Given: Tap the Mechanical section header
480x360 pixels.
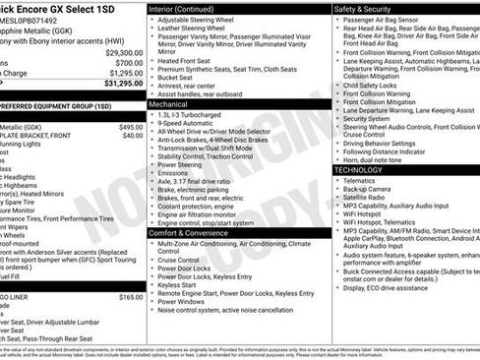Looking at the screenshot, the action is pyautogui.click(x=175, y=103).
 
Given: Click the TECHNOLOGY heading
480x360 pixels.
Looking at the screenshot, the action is pyautogui.click(x=358, y=170).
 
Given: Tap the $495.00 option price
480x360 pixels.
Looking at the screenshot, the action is pyautogui.click(x=131, y=127).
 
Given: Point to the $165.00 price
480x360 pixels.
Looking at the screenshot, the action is pyautogui.click(x=131, y=296).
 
